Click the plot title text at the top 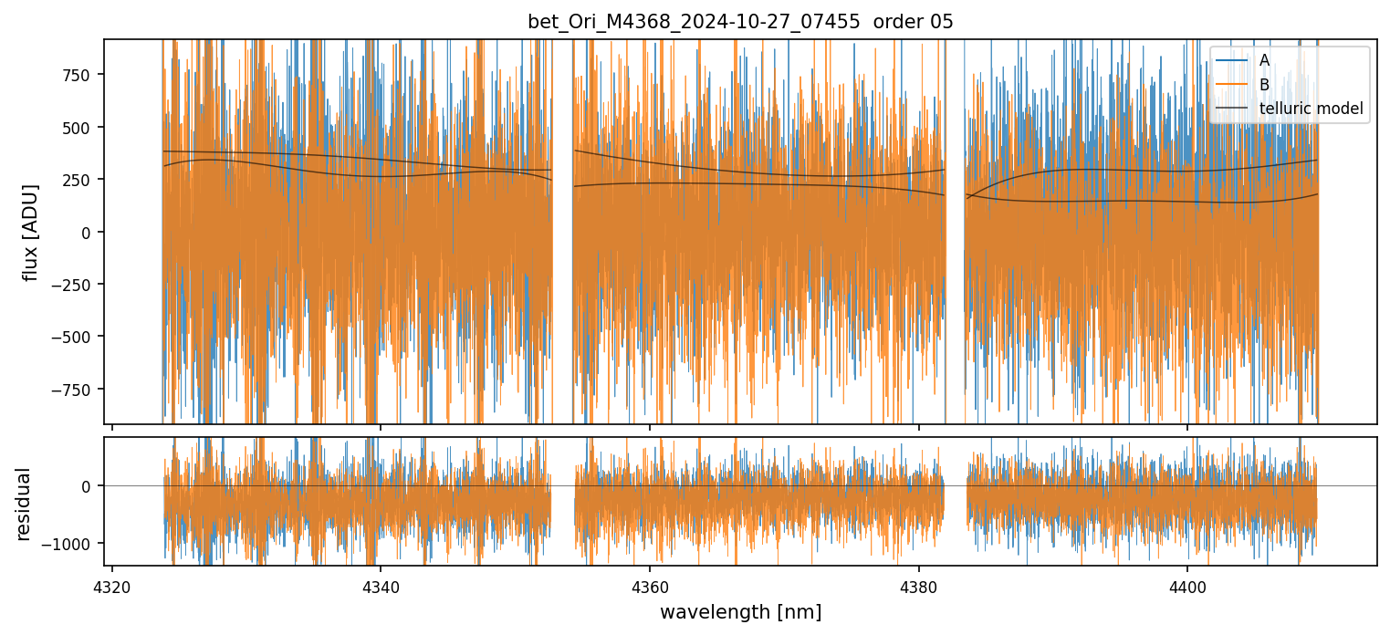(x=740, y=22)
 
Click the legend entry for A (x=1264, y=60)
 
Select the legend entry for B (x=1264, y=85)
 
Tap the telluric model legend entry (x=1311, y=109)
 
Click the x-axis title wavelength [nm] (x=740, y=611)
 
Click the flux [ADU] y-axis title (x=32, y=232)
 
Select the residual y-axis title (x=23, y=503)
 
